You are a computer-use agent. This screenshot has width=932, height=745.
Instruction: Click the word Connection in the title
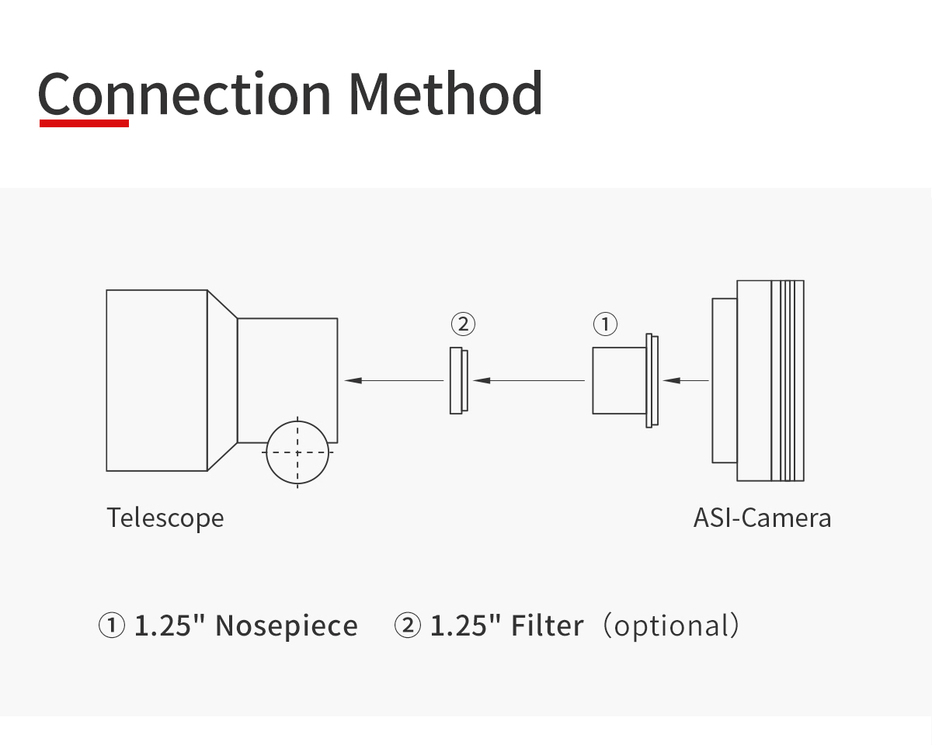[x=184, y=94]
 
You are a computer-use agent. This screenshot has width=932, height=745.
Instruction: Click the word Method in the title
[x=444, y=94]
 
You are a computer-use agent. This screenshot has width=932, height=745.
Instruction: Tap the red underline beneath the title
[x=84, y=123]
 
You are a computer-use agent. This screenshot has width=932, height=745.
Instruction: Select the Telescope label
[x=165, y=518]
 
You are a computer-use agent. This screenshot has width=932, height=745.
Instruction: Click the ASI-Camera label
[x=762, y=518]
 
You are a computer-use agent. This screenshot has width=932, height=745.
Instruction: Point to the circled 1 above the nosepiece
[x=605, y=323]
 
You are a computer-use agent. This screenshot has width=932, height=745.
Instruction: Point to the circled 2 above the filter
[x=463, y=323]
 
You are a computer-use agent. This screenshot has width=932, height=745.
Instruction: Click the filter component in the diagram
[x=458, y=380]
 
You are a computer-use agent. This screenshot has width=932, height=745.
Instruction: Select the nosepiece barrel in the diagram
[x=619, y=380]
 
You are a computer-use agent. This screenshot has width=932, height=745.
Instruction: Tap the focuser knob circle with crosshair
[x=297, y=452]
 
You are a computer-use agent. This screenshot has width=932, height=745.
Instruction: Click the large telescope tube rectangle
[x=156, y=380]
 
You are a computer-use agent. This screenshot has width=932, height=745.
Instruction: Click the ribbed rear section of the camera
[x=788, y=380]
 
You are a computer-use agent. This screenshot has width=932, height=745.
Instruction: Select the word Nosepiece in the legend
[x=286, y=625]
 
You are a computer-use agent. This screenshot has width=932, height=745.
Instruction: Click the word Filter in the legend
[x=547, y=625]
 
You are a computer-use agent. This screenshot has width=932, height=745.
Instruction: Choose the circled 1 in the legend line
[x=111, y=625]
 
